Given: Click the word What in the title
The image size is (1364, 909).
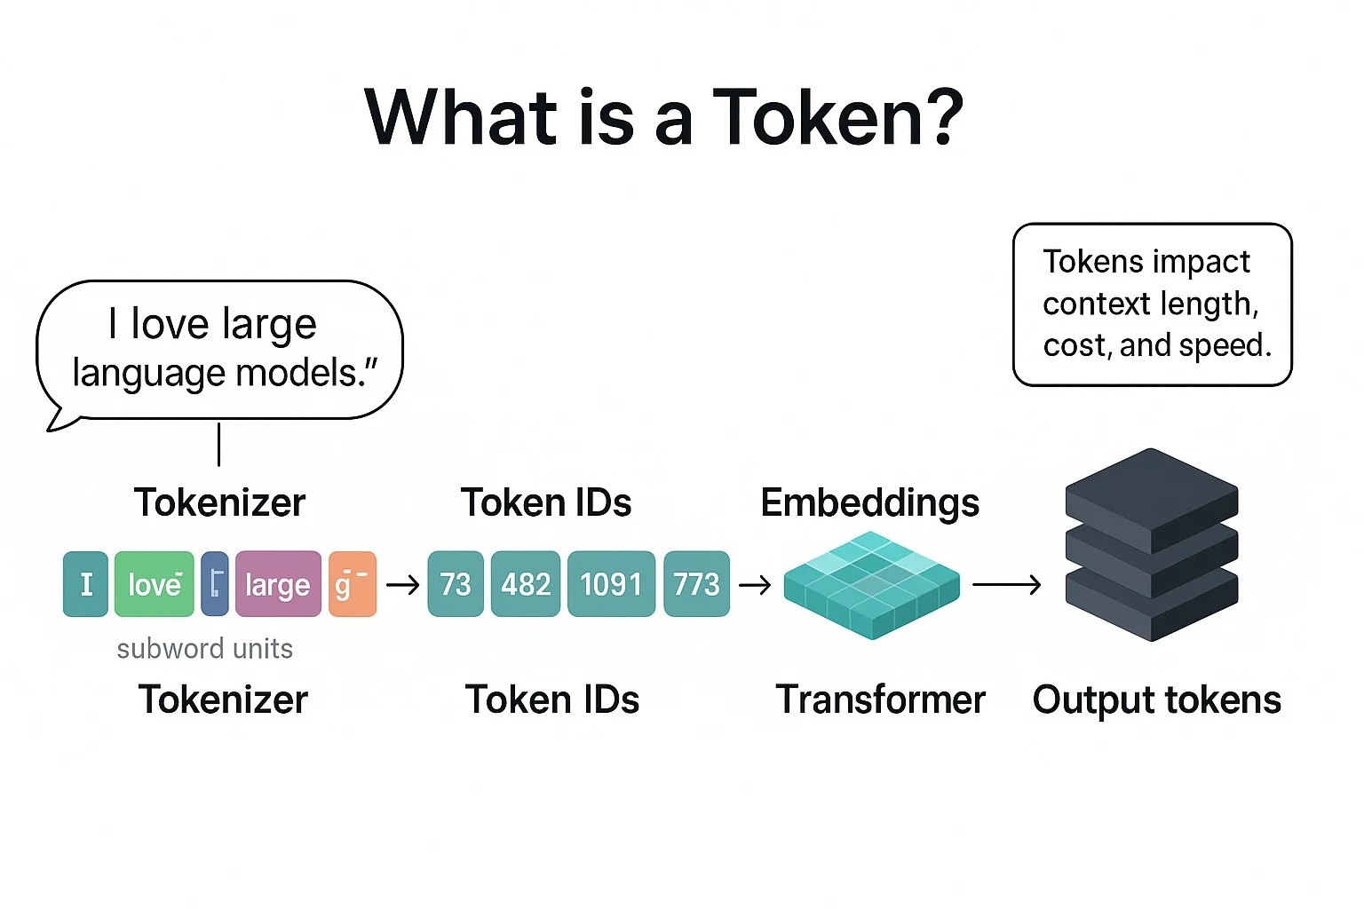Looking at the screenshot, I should tap(461, 117).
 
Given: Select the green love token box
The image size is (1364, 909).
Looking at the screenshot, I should tap(155, 584).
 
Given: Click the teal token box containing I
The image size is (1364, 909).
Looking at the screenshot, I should tap(85, 584).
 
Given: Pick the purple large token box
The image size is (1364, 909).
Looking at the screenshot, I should tap(277, 584).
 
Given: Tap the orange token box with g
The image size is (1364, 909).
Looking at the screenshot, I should tap(352, 584).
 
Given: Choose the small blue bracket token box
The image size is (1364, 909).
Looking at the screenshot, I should tap(215, 584).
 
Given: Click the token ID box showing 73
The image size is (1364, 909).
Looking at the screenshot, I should tap(455, 584).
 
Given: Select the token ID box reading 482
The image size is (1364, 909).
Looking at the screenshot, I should tap(526, 584).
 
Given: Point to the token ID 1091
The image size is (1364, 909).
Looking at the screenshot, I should tap(611, 584).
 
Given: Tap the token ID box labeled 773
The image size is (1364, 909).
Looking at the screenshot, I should tap(696, 584).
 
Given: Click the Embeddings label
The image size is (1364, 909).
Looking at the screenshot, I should tap(869, 502).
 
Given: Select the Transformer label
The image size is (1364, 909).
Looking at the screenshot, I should tap(880, 700).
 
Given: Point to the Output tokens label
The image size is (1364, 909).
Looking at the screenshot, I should tap(1156, 700).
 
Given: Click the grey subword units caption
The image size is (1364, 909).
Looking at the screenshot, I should tap(204, 649).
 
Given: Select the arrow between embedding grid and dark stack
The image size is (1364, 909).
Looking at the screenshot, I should tap(1006, 584).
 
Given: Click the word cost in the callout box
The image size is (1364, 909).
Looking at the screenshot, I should tap(1072, 345).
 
